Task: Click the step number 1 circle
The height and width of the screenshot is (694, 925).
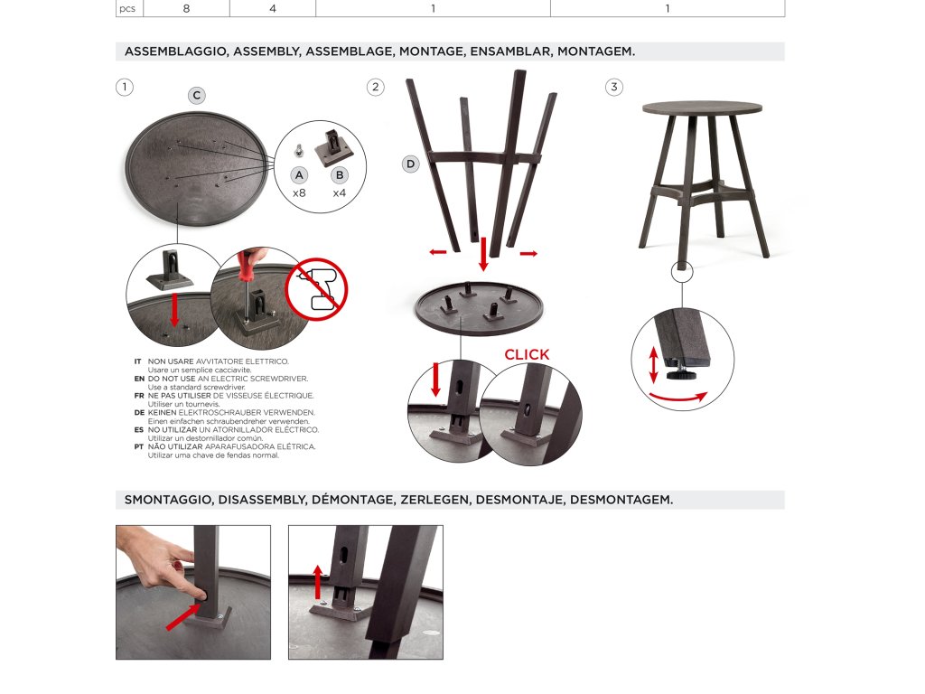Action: (x=125, y=88)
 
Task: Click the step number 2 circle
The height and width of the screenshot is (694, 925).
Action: (x=375, y=88)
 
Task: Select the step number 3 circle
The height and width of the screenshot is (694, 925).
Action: (x=614, y=88)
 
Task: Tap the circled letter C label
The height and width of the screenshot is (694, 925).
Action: (x=197, y=95)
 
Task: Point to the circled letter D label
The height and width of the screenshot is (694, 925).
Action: (x=411, y=164)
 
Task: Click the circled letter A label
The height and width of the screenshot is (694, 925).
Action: (x=300, y=175)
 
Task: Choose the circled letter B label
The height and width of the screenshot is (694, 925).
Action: (x=340, y=175)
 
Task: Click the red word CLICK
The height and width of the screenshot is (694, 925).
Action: (x=527, y=354)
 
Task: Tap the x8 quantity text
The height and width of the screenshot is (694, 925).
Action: (x=299, y=193)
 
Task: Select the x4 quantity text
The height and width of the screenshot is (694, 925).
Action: (x=340, y=193)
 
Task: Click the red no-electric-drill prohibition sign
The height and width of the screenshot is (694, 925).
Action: (x=316, y=289)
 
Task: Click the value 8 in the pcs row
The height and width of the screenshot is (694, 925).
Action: (x=186, y=8)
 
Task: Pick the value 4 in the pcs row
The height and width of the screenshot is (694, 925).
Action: (x=273, y=8)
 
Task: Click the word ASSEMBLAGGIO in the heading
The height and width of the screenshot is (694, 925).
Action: (x=176, y=52)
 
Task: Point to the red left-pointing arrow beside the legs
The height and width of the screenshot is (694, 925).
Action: (x=438, y=252)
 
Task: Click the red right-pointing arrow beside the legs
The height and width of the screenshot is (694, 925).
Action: (x=528, y=254)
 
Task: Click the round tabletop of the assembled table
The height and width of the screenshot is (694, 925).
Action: (x=702, y=108)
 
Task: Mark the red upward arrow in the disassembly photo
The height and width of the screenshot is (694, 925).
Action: (x=318, y=582)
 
